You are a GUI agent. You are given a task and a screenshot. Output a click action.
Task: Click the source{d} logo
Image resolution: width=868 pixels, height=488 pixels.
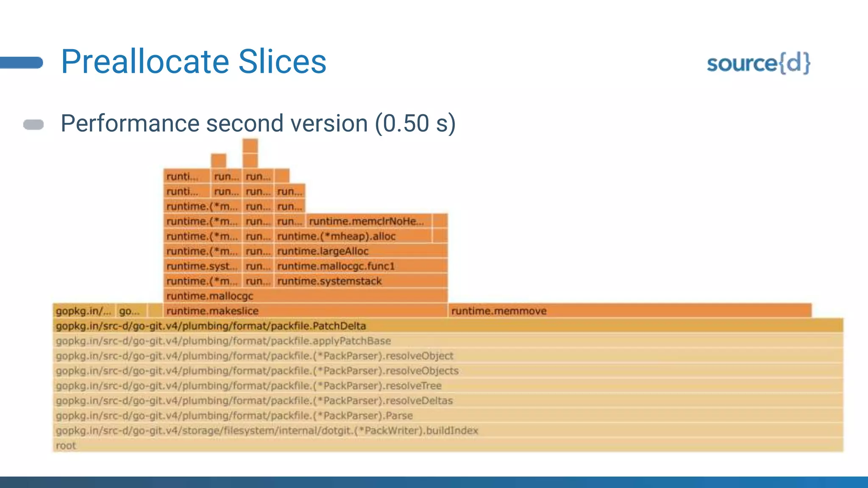pos(758,64)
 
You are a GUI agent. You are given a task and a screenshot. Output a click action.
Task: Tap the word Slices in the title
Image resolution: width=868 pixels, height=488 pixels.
pos(282,62)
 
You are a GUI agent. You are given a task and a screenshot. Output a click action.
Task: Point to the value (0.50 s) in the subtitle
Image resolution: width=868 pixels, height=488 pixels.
pos(415,123)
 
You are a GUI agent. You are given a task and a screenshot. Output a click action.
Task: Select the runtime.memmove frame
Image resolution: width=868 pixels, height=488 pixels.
pos(629,311)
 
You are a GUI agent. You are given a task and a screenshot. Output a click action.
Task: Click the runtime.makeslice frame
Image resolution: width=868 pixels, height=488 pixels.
pos(305,311)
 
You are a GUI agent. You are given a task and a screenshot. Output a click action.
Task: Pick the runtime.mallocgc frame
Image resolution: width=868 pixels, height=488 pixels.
pos(305,296)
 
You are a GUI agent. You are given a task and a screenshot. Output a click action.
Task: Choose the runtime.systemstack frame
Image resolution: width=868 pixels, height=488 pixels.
pos(361,281)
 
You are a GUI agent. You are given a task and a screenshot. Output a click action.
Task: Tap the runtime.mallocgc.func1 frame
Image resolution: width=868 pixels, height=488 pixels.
pos(361,266)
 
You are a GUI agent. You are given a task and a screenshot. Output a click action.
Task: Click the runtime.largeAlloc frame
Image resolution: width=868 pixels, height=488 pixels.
pos(361,251)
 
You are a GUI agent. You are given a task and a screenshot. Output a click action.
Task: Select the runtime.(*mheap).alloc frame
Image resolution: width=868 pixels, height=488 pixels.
pos(353,236)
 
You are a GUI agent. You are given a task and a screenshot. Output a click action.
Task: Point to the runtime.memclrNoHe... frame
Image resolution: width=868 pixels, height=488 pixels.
pos(369,221)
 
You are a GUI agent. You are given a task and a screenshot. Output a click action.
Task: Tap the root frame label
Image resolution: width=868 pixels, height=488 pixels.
pos(66,446)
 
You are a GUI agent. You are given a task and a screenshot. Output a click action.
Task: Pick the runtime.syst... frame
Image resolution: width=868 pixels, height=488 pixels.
pos(202,266)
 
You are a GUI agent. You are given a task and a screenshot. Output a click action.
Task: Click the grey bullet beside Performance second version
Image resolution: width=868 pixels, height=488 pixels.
pos(33,125)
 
